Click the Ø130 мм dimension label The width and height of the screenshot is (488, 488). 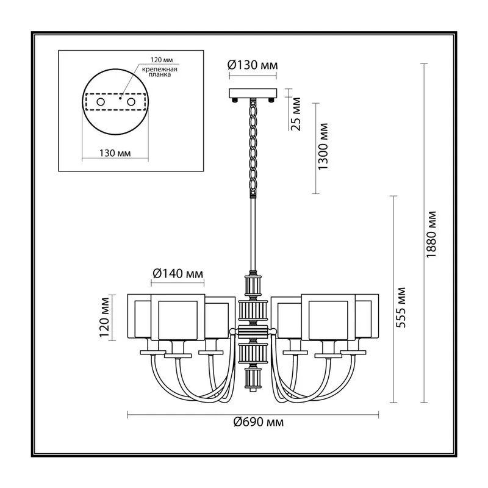point(253,65)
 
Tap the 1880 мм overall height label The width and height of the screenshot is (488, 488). point(431,234)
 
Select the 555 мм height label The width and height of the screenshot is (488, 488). point(400,307)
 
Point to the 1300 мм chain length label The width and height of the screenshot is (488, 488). point(323,146)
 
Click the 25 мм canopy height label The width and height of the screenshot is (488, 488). point(296,114)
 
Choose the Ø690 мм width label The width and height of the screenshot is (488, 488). point(258,422)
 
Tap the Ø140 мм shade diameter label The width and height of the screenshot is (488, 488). point(178,273)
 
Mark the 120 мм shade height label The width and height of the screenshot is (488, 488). point(104,317)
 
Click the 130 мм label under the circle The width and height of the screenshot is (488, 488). point(115,153)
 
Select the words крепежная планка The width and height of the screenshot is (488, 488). point(160,72)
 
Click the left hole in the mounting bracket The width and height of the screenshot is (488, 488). point(101,102)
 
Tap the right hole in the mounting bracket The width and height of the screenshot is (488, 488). point(131,102)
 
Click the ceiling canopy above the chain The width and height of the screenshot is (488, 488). point(253,93)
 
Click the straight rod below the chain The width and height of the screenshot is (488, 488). point(253,235)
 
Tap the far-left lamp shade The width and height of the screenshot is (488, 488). point(139,316)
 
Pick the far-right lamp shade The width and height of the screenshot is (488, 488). point(367,316)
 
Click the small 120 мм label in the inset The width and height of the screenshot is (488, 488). point(162,60)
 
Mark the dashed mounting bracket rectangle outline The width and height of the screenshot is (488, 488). point(115,95)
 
